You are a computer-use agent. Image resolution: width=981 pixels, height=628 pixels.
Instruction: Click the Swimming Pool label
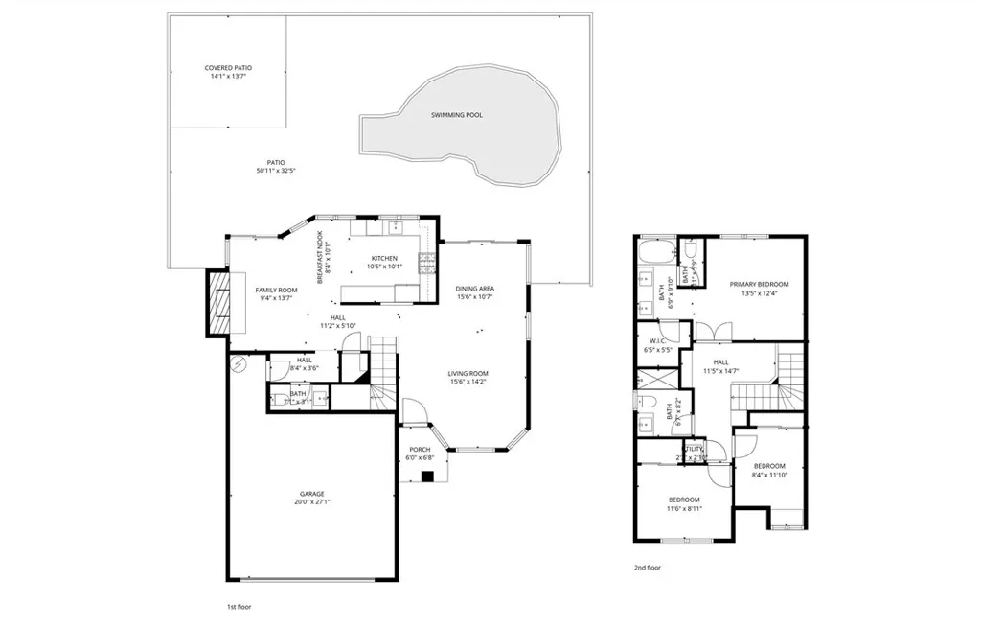click(x=456, y=115)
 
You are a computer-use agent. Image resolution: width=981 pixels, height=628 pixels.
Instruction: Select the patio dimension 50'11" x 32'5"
click(x=276, y=172)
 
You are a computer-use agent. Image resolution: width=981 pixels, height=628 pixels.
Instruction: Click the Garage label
click(x=312, y=494)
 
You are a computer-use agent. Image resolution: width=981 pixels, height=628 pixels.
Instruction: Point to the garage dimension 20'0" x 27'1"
click(x=312, y=502)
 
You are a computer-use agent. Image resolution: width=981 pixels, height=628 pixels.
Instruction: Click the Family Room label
click(x=276, y=290)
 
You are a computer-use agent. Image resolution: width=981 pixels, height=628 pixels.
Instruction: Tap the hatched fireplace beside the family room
click(x=219, y=306)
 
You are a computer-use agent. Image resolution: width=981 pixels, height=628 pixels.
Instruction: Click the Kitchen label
click(x=384, y=259)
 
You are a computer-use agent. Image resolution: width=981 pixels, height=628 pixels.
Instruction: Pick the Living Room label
click(x=468, y=374)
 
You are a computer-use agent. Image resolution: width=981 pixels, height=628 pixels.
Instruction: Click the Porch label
click(x=420, y=450)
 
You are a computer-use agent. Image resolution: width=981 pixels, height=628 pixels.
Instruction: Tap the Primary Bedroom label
click(x=759, y=284)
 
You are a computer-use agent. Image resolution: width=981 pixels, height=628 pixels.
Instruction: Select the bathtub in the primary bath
click(x=656, y=253)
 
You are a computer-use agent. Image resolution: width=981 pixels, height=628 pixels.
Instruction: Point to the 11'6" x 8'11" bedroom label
click(x=684, y=500)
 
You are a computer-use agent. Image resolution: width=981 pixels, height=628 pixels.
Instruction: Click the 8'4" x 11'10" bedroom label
click(x=768, y=466)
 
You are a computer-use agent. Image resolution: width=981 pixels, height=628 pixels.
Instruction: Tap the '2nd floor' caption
click(x=648, y=568)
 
